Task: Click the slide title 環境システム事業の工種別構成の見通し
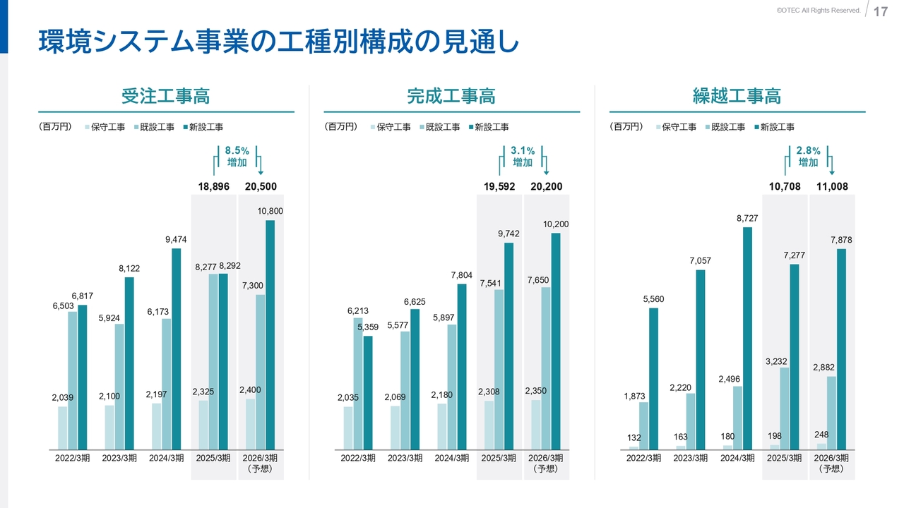coord(278,42)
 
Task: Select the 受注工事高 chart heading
coord(166,96)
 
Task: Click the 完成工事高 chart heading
coord(451,96)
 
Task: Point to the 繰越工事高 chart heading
coord(737,96)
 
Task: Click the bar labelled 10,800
coord(270,334)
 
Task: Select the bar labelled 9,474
coord(177,349)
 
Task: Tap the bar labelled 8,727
coord(747,338)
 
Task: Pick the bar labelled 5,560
coord(653,378)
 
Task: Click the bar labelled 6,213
coord(358,383)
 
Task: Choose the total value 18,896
coord(214,187)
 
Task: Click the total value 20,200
coord(547,187)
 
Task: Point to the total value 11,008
coord(832,187)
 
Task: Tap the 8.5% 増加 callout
coord(237,157)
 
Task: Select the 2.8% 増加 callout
coord(808,157)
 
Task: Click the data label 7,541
coord(490,284)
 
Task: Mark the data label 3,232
coord(775,362)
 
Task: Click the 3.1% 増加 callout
coord(523,157)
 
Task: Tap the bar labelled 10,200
coord(556,341)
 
